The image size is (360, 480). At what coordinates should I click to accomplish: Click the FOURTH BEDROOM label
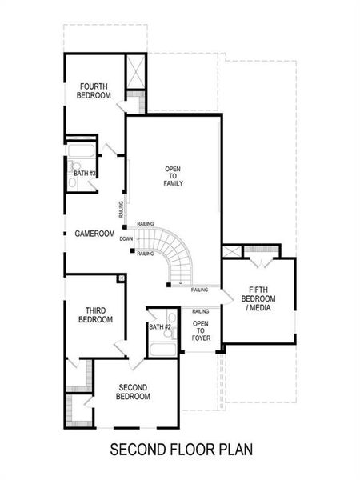point(94,90)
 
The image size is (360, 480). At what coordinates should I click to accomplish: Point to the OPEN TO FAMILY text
point(174,176)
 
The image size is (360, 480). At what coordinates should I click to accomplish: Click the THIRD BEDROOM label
point(95,314)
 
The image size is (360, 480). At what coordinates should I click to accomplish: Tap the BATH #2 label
point(160,326)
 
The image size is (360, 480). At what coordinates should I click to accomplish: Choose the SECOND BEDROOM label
point(134,391)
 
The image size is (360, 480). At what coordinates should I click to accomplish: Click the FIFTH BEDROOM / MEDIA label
point(261,299)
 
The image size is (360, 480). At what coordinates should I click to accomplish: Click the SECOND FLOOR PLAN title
point(179,450)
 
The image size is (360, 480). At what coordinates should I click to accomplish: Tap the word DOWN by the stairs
point(126,238)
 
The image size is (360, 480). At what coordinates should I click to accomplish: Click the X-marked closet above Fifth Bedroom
point(232,251)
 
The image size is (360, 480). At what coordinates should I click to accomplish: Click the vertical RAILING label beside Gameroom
point(121,210)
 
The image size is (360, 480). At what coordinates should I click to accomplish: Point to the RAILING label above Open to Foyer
point(201,311)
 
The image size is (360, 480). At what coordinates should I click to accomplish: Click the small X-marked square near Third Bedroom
point(121,278)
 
